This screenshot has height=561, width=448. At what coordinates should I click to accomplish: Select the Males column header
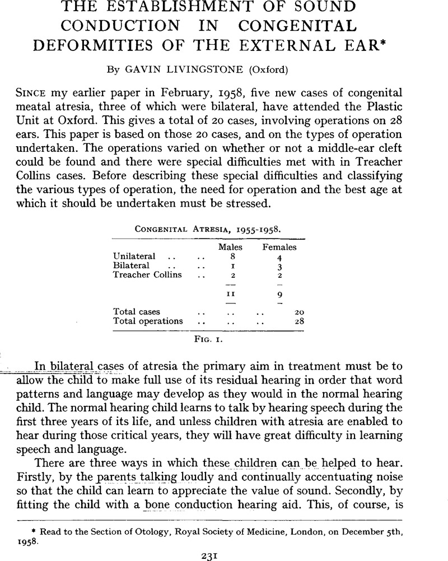227,247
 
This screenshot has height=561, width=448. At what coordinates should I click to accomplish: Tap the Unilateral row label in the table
134,256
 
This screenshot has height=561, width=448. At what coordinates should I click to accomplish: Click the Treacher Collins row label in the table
148,275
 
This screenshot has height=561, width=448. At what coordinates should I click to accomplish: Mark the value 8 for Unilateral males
227,256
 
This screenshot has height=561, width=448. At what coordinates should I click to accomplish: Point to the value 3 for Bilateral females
280,266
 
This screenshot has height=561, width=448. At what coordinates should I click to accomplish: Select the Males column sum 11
227,293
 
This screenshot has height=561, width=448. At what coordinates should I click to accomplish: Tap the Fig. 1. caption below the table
208,339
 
